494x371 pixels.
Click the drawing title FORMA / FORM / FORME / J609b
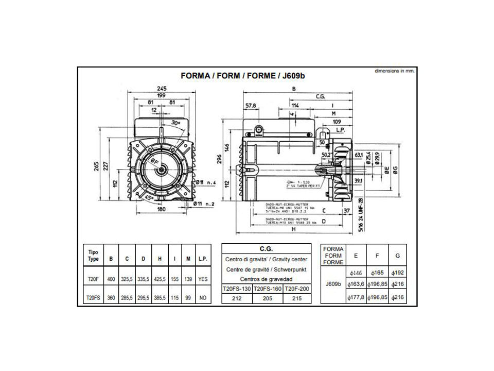[x=245, y=75]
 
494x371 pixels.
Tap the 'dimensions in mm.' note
[x=395, y=71]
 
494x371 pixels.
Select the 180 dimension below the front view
[x=162, y=209]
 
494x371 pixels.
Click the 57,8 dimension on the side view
[x=251, y=106]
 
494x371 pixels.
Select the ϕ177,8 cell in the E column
[x=356, y=298]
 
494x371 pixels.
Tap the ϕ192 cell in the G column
[x=397, y=273]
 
